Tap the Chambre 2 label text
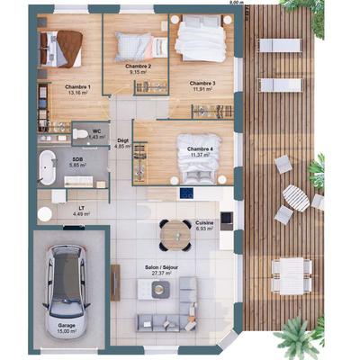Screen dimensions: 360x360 pos(137,67)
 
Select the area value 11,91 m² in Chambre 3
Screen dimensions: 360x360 pos(202,90)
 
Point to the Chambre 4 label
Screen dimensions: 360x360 pos(200,148)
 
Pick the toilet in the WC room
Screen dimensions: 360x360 pos(82,134)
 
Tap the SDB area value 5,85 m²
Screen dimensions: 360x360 pos(78,166)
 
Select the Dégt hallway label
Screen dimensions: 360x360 pos(123,141)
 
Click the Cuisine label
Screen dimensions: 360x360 pos(204,223)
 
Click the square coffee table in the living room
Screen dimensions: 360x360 pos(160,289)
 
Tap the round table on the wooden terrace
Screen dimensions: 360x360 pos(295,197)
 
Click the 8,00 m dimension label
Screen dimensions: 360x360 pos(236,4)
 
